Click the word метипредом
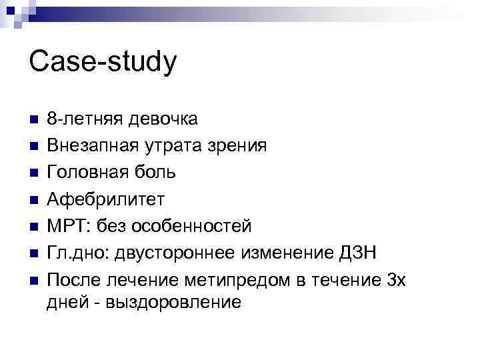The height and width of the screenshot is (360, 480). tap(236, 279)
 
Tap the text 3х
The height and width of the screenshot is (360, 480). tap(395, 279)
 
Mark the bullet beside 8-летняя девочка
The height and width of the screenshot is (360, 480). tap(33, 120)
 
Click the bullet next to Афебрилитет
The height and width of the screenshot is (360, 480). tap(33, 200)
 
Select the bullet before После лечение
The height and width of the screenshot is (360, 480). tap(33, 280)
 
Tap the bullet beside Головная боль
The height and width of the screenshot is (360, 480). tap(33, 173)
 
